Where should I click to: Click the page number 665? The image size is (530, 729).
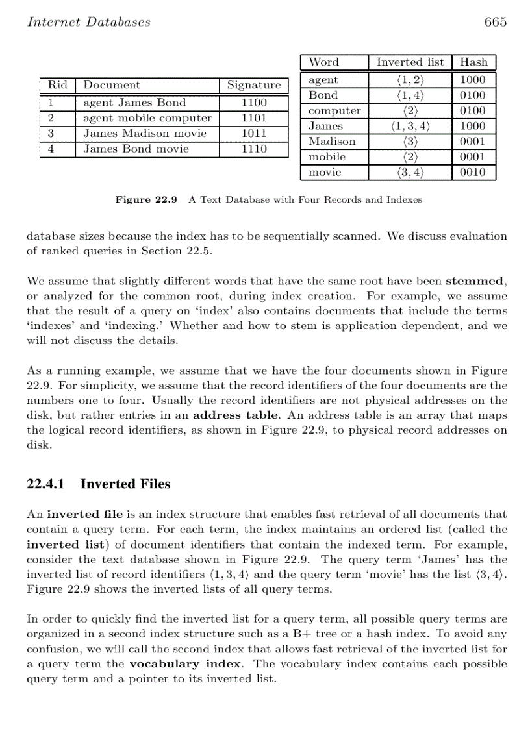(x=495, y=22)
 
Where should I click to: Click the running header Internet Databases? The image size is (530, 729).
(x=88, y=22)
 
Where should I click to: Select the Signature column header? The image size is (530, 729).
(x=254, y=85)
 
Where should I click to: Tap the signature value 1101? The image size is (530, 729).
(x=254, y=118)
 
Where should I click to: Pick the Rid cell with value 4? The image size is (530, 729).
(x=50, y=149)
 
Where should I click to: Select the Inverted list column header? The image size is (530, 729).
(x=410, y=62)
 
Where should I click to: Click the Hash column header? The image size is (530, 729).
(x=473, y=62)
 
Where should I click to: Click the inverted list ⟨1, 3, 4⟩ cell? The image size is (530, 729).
(x=410, y=126)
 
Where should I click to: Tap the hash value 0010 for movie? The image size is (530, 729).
(x=473, y=173)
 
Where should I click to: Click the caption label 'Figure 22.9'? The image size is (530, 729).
(x=146, y=199)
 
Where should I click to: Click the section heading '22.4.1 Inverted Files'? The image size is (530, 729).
(x=99, y=484)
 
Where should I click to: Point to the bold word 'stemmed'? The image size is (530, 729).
(x=475, y=282)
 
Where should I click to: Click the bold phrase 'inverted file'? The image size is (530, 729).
(x=79, y=515)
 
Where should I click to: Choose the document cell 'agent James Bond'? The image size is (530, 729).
(x=134, y=103)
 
